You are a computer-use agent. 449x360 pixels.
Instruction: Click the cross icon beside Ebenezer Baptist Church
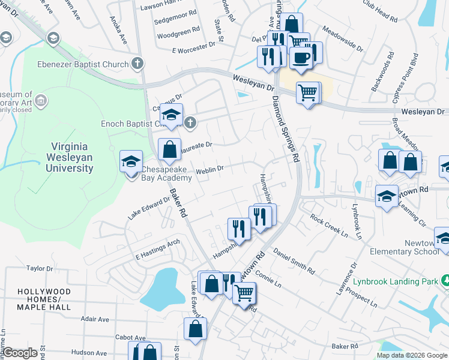[x=138, y=64]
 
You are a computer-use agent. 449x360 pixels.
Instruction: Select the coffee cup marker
[x=300, y=58]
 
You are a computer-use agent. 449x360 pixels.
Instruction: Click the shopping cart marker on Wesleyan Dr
[x=307, y=93]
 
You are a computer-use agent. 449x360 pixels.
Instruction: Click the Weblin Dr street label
[x=209, y=169]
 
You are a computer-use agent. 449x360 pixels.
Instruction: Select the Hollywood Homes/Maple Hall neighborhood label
[x=44, y=299]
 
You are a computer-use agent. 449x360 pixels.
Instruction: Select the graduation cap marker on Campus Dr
[x=172, y=115]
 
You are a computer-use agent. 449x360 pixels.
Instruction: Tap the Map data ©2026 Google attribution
[x=411, y=355]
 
